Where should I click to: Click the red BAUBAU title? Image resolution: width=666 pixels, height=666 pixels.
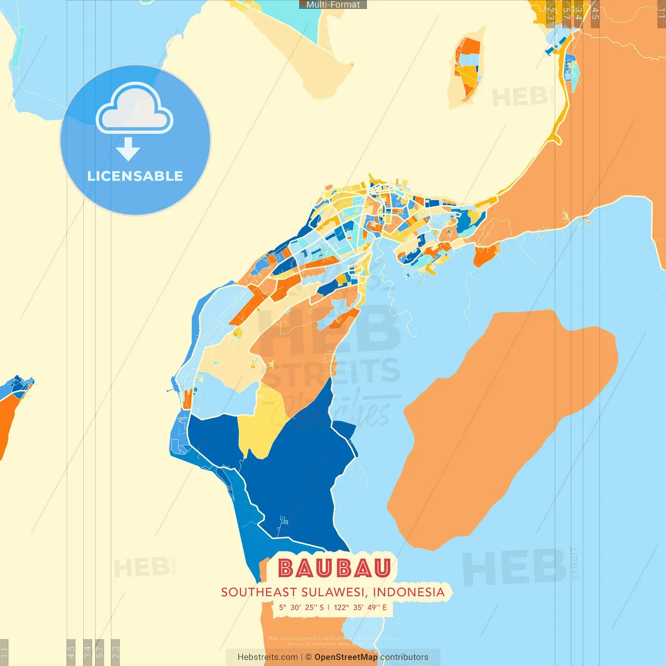coord(334,568)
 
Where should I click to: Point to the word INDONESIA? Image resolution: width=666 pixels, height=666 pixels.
coord(409,592)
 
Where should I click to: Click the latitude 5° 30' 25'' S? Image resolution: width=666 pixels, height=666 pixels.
coord(301,607)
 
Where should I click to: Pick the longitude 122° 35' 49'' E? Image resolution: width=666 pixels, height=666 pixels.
coord(360,607)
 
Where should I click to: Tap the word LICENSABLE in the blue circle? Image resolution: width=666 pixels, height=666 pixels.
coord(135,176)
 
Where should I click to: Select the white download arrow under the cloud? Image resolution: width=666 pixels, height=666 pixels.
coord(128,149)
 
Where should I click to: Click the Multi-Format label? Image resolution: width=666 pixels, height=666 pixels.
coord(333,5)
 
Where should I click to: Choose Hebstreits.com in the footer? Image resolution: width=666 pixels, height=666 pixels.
coord(267,657)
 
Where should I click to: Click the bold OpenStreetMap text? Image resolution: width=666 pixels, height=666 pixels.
coord(346,657)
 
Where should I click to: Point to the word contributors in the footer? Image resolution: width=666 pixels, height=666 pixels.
coord(404,657)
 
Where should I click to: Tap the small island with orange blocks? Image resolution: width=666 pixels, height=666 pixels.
coord(467,68)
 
